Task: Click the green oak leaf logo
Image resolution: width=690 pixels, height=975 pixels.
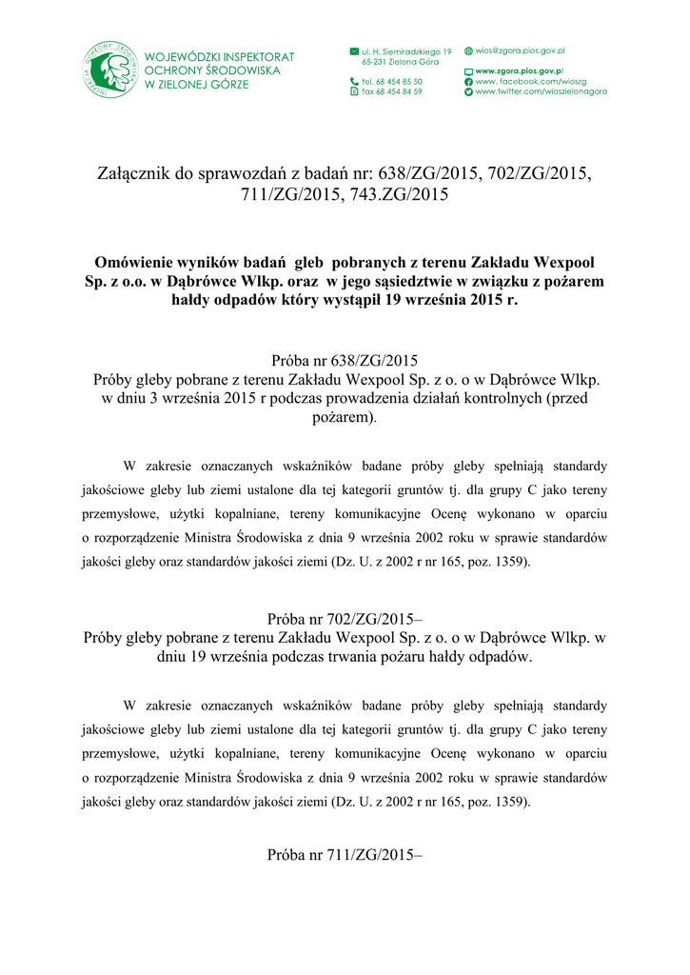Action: coord(110,70)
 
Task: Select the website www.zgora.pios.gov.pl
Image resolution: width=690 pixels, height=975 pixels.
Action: coord(519,71)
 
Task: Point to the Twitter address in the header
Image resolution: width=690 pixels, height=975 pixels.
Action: coord(541,91)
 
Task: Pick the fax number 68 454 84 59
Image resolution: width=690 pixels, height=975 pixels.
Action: coord(392,91)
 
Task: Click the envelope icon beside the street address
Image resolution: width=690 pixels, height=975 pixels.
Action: coord(355,50)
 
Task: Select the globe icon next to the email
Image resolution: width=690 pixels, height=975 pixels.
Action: coord(468,50)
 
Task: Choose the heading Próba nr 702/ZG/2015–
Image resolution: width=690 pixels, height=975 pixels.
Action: coord(345,618)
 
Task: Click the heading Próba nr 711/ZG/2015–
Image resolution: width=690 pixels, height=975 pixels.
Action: coord(345,854)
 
